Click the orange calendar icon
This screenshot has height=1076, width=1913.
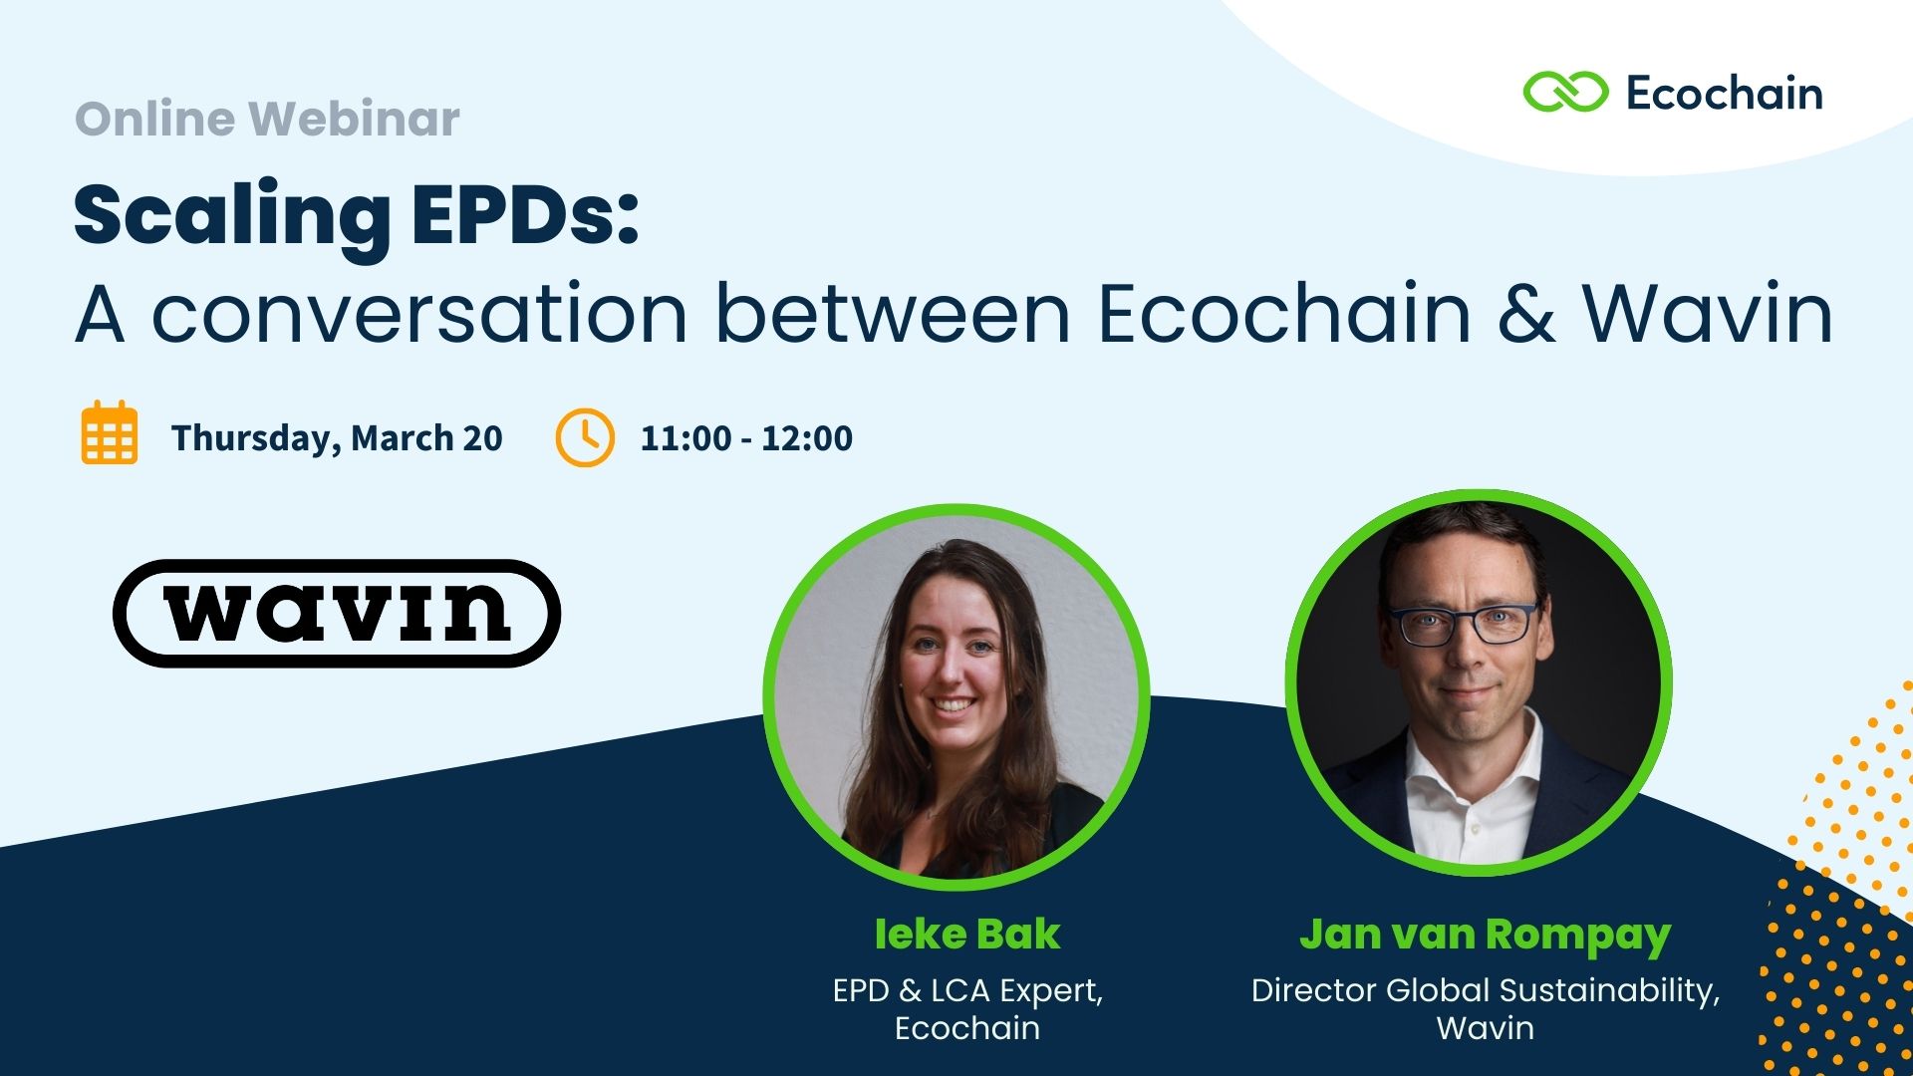click(x=110, y=432)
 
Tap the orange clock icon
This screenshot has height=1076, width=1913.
click(x=585, y=437)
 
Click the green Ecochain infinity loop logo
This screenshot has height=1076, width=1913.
click(x=1565, y=93)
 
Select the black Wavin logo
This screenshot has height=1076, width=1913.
click(x=337, y=613)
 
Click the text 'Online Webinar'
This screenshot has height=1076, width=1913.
click(x=267, y=119)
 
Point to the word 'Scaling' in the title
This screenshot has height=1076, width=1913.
click(x=232, y=216)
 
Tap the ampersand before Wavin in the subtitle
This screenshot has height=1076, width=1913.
click(x=1526, y=313)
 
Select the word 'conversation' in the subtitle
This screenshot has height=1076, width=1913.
click(x=419, y=313)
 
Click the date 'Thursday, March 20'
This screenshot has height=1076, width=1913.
click(x=337, y=437)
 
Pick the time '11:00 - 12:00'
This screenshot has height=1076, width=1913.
click(x=746, y=437)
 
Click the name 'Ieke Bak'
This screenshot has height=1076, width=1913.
click(x=966, y=934)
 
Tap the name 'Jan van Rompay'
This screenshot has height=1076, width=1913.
click(x=1485, y=935)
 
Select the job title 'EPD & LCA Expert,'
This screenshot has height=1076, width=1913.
click(x=967, y=990)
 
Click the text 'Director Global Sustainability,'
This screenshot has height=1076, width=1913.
click(x=1485, y=990)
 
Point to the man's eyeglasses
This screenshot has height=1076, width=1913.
click(x=1463, y=623)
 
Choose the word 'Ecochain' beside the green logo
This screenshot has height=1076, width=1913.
click(x=1724, y=94)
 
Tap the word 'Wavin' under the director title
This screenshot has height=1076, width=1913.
click(x=1485, y=1027)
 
